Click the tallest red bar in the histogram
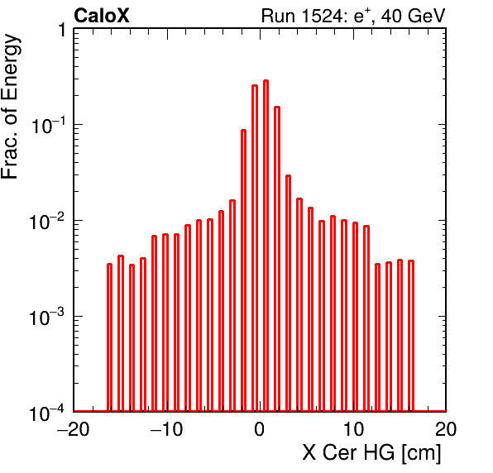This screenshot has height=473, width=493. [x=266, y=245]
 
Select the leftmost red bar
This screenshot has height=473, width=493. [x=109, y=337]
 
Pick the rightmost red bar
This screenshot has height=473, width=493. [x=411, y=336]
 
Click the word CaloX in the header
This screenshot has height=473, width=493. [x=102, y=16]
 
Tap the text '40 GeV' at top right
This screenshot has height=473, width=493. [x=413, y=16]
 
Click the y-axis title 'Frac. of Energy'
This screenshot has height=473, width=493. [x=11, y=107]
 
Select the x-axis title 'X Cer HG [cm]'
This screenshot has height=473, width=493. [x=371, y=453]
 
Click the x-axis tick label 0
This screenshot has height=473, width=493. [x=260, y=428]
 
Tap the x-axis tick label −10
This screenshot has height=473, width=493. [x=166, y=428]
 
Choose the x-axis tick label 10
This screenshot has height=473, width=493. [x=354, y=428]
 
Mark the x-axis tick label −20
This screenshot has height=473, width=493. [x=74, y=428]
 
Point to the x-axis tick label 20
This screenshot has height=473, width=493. [x=446, y=428]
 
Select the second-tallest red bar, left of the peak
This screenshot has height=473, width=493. [x=255, y=248]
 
